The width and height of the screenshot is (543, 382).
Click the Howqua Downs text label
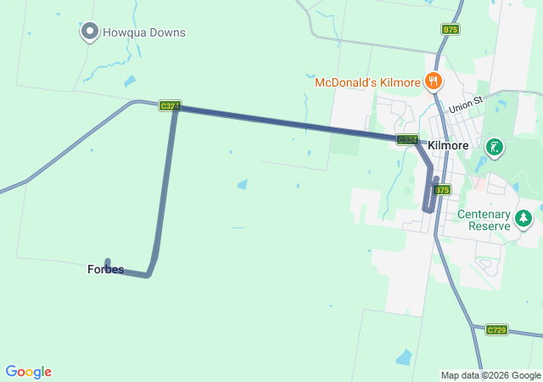[144, 33]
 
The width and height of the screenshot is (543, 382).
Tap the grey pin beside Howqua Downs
[89, 32]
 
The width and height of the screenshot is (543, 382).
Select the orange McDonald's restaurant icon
[434, 81]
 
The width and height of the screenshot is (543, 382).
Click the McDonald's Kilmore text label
[368, 83]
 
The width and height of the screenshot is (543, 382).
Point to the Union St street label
[465, 106]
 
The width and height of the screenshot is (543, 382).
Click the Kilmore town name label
[449, 146]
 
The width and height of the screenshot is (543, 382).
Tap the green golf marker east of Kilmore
[493, 149]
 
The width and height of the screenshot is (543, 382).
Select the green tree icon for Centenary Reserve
[523, 219]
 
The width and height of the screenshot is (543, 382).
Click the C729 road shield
[496, 329]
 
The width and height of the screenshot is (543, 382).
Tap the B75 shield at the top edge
[451, 30]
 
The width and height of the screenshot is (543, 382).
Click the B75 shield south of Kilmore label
[442, 190]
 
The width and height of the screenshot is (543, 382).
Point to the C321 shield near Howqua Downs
[170, 106]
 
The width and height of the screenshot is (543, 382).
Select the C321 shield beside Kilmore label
[407, 139]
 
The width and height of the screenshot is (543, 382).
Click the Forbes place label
[105, 270]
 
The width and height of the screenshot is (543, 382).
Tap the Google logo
[28, 372]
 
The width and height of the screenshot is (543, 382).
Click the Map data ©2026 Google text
[490, 375]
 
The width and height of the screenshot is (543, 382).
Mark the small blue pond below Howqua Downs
[129, 81]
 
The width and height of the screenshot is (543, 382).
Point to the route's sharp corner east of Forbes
[148, 274]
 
